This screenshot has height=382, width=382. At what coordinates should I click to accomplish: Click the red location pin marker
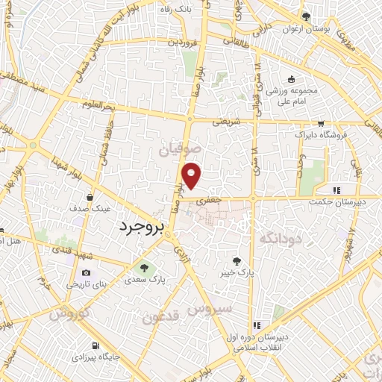[x=192, y=177]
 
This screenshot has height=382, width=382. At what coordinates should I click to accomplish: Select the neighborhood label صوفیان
[x=181, y=150]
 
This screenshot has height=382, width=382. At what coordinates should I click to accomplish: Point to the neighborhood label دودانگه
[x=280, y=238]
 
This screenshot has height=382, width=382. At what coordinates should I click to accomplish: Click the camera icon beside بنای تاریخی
[x=86, y=273]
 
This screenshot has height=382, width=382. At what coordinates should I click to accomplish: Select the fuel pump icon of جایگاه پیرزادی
[x=95, y=345]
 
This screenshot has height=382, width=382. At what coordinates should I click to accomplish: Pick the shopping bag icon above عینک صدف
[x=90, y=197]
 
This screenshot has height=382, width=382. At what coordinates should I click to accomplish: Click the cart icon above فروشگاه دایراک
[x=321, y=124]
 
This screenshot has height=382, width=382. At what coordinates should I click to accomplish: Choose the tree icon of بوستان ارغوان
[x=306, y=16]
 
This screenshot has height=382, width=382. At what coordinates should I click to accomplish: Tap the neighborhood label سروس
[x=210, y=307]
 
